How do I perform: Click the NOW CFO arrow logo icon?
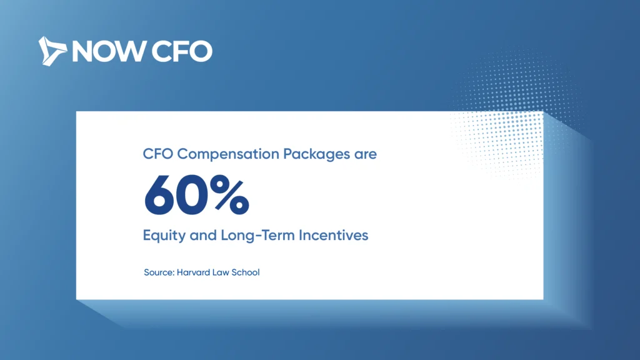pos(52,51)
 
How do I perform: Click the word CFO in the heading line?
pos(158,154)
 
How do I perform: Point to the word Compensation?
pos(228,154)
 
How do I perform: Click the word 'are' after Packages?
pos(365,155)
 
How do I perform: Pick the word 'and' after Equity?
pos(203,235)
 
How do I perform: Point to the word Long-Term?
pos(257,235)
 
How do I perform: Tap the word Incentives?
pos(334,235)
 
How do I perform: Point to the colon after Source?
pos(174,274)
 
